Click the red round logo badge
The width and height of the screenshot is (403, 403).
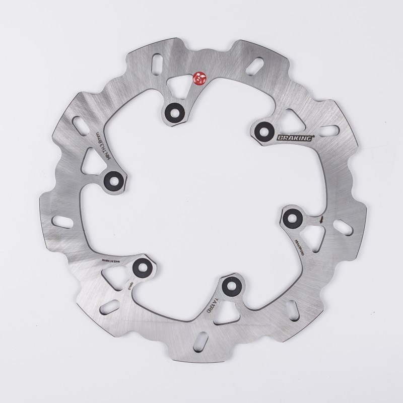[198, 78]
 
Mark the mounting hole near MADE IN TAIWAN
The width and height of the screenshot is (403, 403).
[141, 267]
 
